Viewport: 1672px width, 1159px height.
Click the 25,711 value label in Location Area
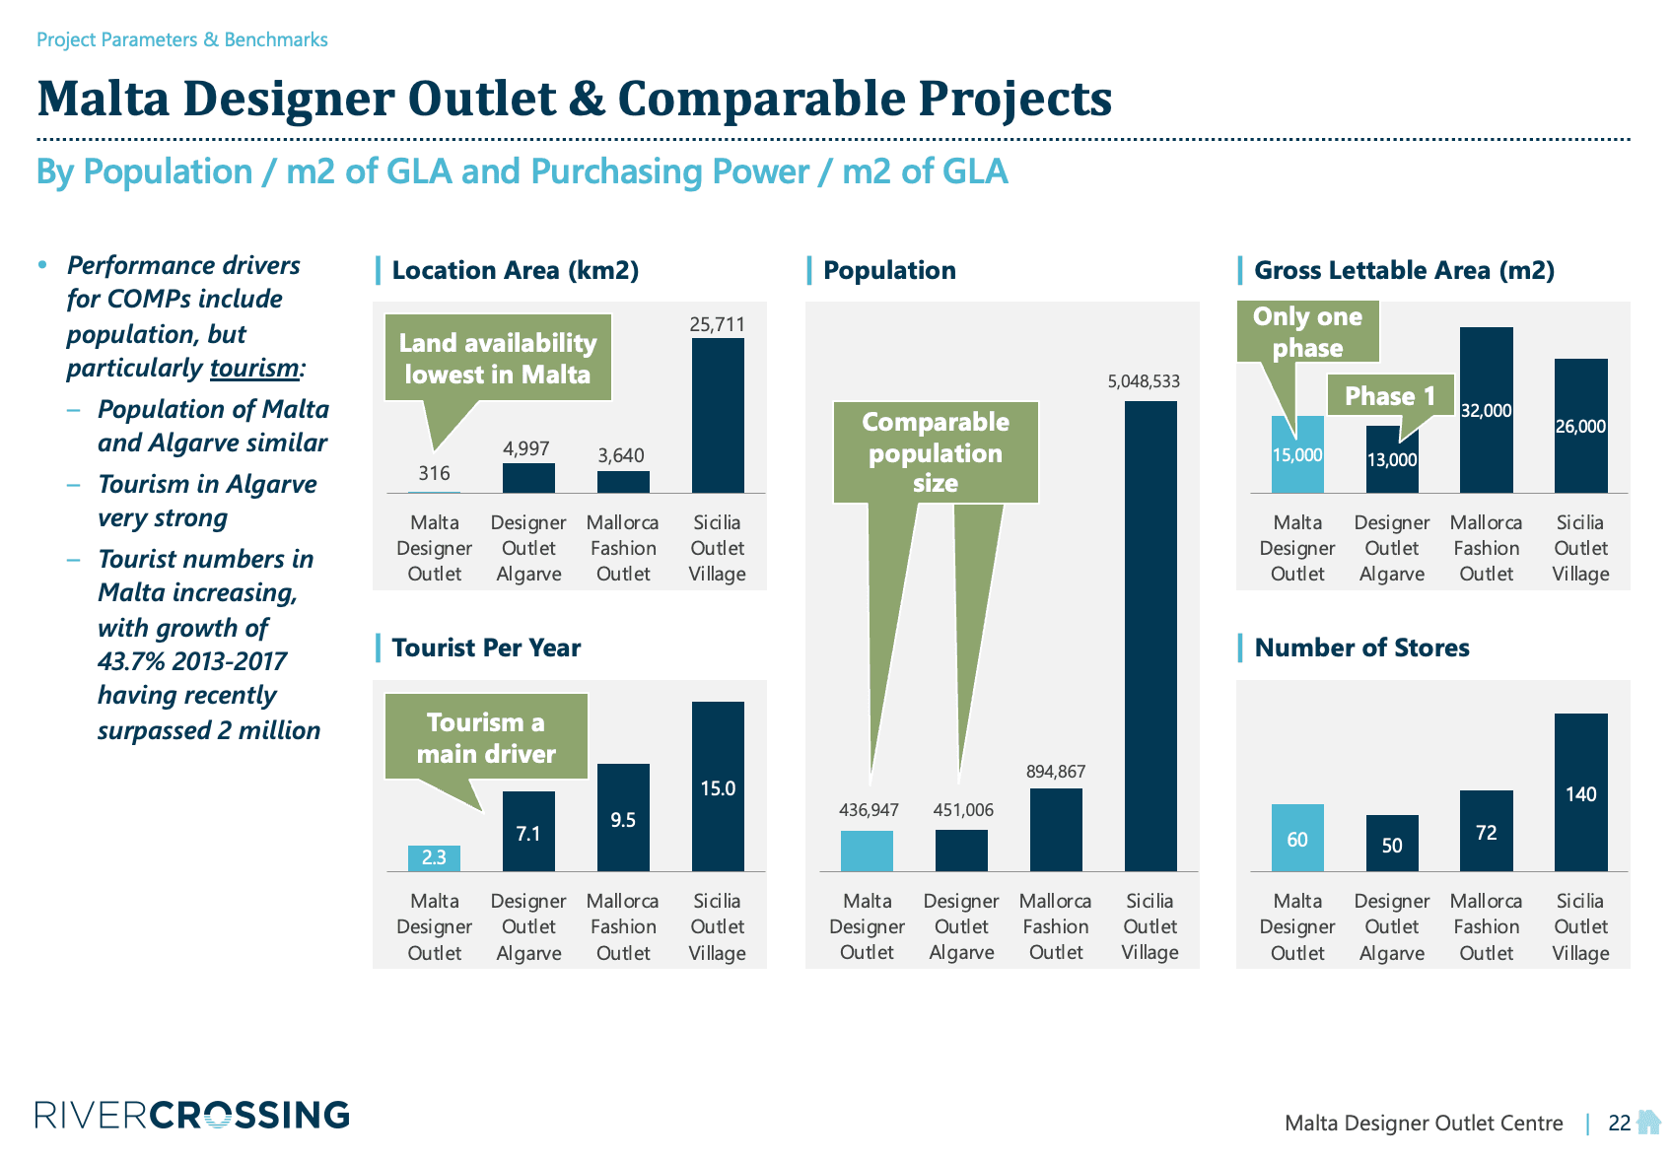[x=717, y=324]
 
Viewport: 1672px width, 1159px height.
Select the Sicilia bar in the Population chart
[x=1150, y=636]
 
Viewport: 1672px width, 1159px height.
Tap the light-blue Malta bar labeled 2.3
[x=434, y=857]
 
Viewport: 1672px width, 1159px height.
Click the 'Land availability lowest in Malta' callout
[x=498, y=358]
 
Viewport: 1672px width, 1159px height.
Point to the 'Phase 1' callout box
[x=1390, y=395]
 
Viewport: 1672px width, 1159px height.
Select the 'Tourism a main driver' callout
[x=486, y=737]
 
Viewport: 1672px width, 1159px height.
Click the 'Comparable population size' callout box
[x=936, y=452]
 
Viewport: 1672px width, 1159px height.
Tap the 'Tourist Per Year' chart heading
[x=486, y=648]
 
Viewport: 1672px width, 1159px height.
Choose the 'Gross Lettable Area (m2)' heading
[x=1404, y=270]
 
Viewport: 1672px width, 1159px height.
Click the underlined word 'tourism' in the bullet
[x=254, y=368]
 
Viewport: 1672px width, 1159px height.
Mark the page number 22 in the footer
[x=1619, y=1123]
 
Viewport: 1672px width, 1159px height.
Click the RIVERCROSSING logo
[x=192, y=1116]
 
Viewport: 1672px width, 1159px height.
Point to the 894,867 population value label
[x=1055, y=772]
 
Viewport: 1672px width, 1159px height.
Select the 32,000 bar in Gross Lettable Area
[x=1486, y=410]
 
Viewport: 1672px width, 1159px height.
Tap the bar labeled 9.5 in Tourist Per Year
[x=623, y=818]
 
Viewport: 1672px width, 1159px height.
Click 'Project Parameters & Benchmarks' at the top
[x=182, y=39]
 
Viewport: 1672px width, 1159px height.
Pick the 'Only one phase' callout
[x=1307, y=332]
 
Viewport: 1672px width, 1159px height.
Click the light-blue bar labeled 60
[x=1297, y=838]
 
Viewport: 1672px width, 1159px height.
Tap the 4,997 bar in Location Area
[x=528, y=478]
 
